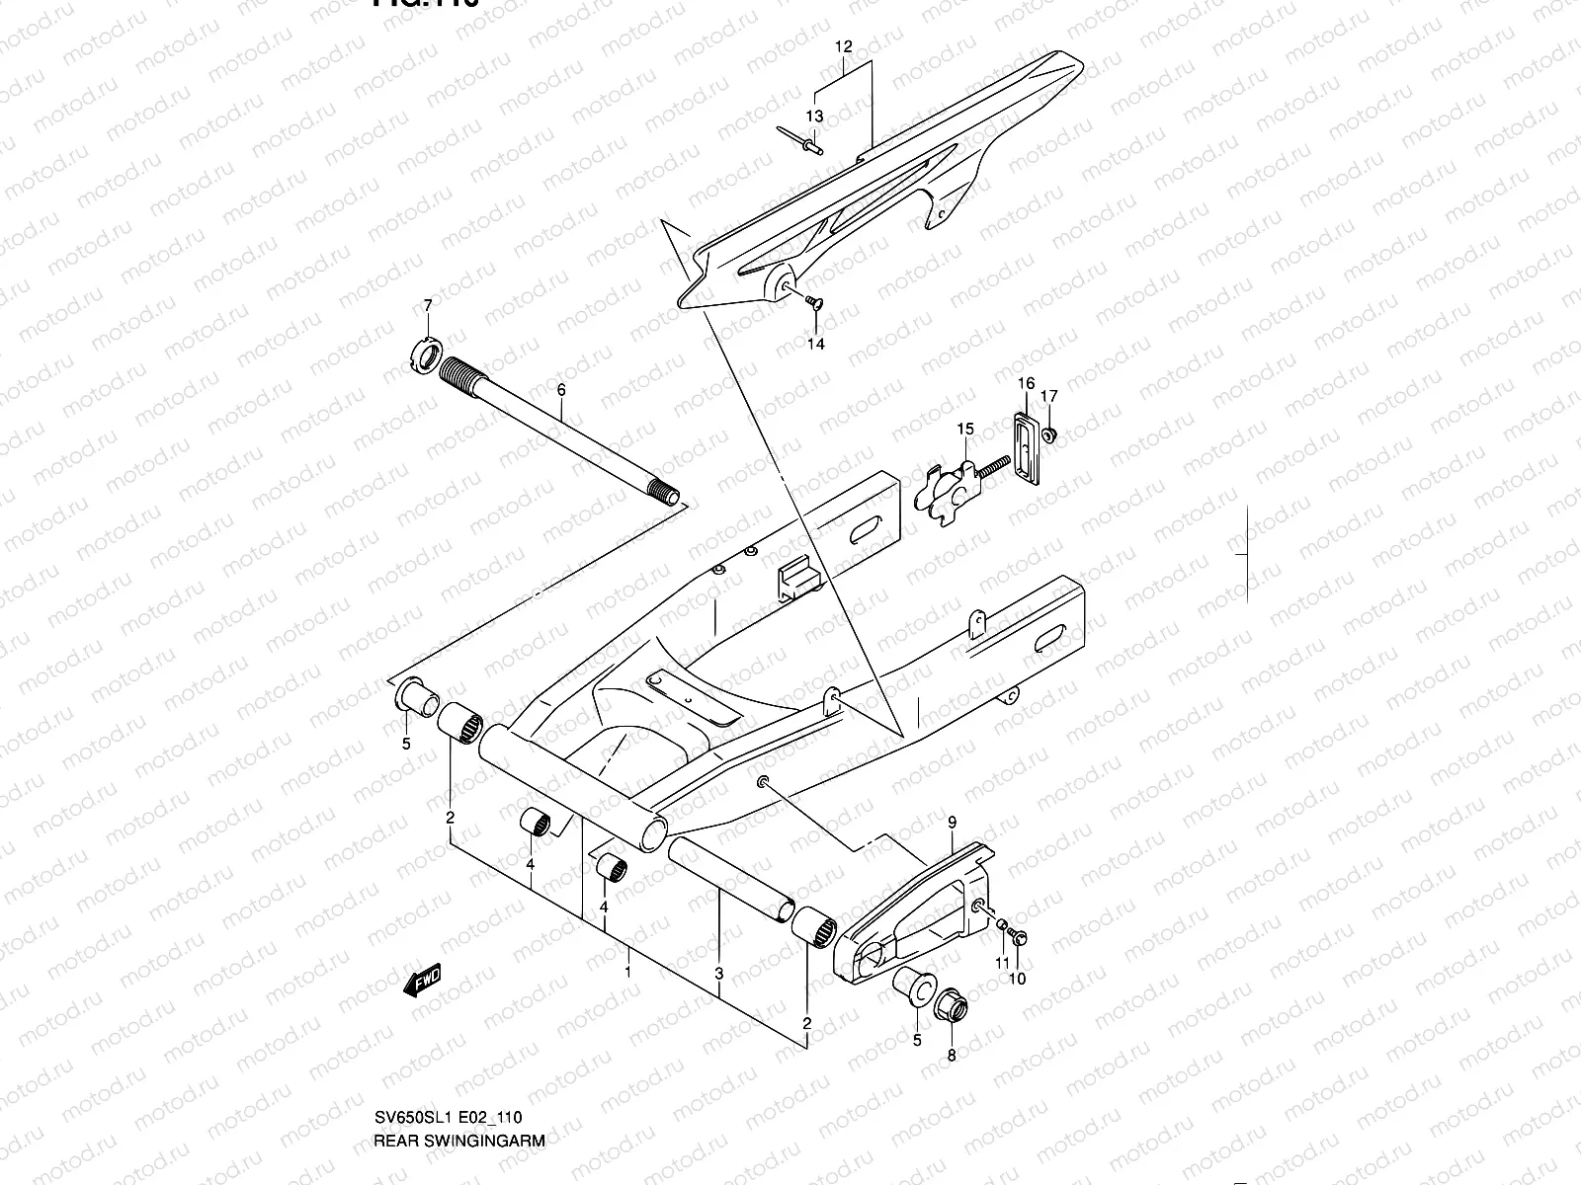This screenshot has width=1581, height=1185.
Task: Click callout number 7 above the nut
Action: click(x=428, y=306)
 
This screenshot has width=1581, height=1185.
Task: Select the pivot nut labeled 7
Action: click(x=424, y=355)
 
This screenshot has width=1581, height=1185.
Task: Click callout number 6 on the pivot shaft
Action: click(x=561, y=390)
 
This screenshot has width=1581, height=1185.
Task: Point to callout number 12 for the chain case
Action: click(x=843, y=46)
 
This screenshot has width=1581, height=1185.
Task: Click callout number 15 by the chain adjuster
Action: click(x=964, y=429)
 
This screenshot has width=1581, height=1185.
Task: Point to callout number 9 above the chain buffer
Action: click(x=953, y=822)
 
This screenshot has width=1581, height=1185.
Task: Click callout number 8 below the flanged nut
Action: click(x=952, y=1055)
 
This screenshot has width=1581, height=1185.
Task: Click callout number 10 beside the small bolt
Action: click(x=1018, y=979)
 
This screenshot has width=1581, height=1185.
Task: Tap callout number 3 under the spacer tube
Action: click(x=719, y=974)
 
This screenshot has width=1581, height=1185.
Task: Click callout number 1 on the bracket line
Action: click(x=627, y=972)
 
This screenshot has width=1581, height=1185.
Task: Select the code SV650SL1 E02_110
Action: click(x=448, y=1118)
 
